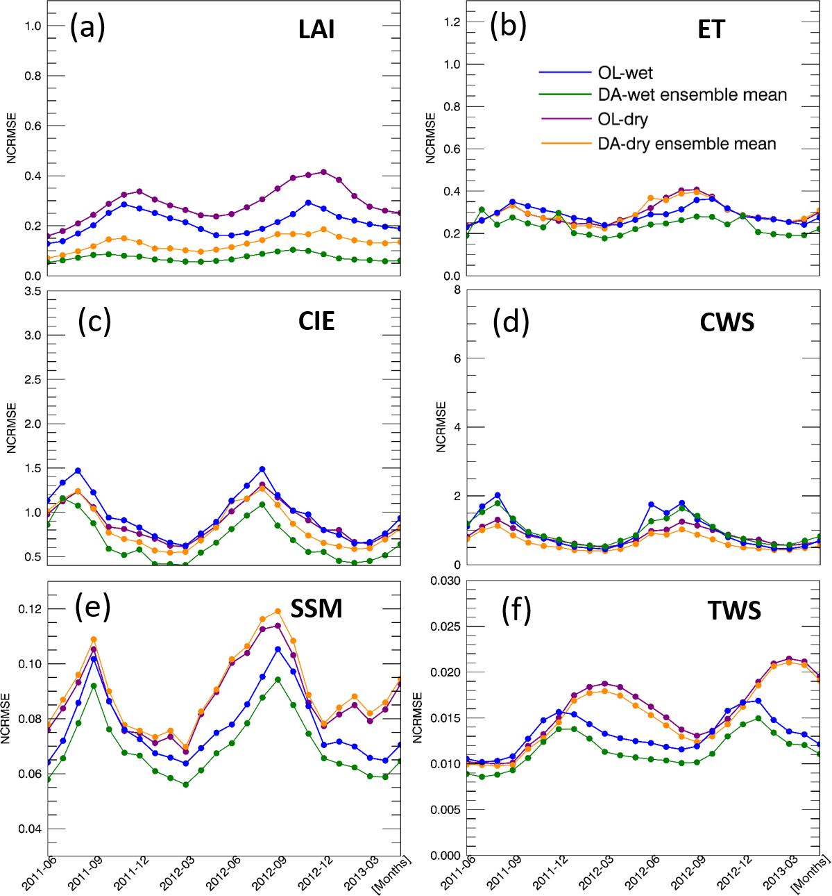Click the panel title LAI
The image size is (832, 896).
[316, 30]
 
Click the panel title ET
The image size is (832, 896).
[711, 30]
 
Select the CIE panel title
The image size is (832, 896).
[316, 321]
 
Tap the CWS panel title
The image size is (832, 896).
[727, 322]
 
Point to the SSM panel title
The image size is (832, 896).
[316, 608]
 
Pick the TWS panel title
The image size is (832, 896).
[734, 611]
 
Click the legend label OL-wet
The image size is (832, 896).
[625, 73]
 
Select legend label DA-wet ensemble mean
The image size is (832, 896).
[692, 94]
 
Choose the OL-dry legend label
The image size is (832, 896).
[622, 119]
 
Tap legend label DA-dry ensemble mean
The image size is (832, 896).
[687, 144]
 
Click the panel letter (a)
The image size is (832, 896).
[87, 28]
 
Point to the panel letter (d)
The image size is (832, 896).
[511, 322]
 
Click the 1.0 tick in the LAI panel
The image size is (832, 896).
[33, 26]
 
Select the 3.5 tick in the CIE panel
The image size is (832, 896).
[33, 291]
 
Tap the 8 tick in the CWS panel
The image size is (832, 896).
[457, 290]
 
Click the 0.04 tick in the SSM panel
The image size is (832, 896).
[30, 829]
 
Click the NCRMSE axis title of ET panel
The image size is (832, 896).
[431, 138]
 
